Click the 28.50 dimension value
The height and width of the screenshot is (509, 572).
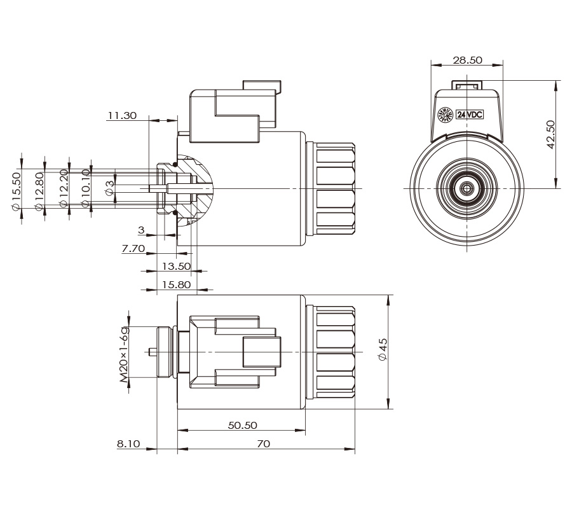[467, 60]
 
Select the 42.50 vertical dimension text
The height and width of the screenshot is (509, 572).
[551, 134]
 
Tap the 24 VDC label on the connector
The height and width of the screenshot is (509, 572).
[471, 115]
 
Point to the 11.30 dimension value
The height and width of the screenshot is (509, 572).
[122, 116]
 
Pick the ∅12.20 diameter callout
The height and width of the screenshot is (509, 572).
[64, 190]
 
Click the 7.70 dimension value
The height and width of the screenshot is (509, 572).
[133, 249]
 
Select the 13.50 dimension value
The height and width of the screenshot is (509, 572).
[177, 266]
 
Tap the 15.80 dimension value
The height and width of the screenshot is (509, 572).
[177, 284]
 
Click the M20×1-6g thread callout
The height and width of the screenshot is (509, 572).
[125, 354]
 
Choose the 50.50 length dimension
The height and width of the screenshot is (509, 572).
[242, 425]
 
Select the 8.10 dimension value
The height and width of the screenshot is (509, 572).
[128, 443]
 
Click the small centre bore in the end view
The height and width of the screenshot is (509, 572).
[467, 188]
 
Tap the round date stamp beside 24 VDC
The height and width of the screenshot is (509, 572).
[446, 115]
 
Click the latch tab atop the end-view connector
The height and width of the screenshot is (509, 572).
[467, 85]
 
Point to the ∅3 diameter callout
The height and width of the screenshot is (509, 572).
[109, 187]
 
